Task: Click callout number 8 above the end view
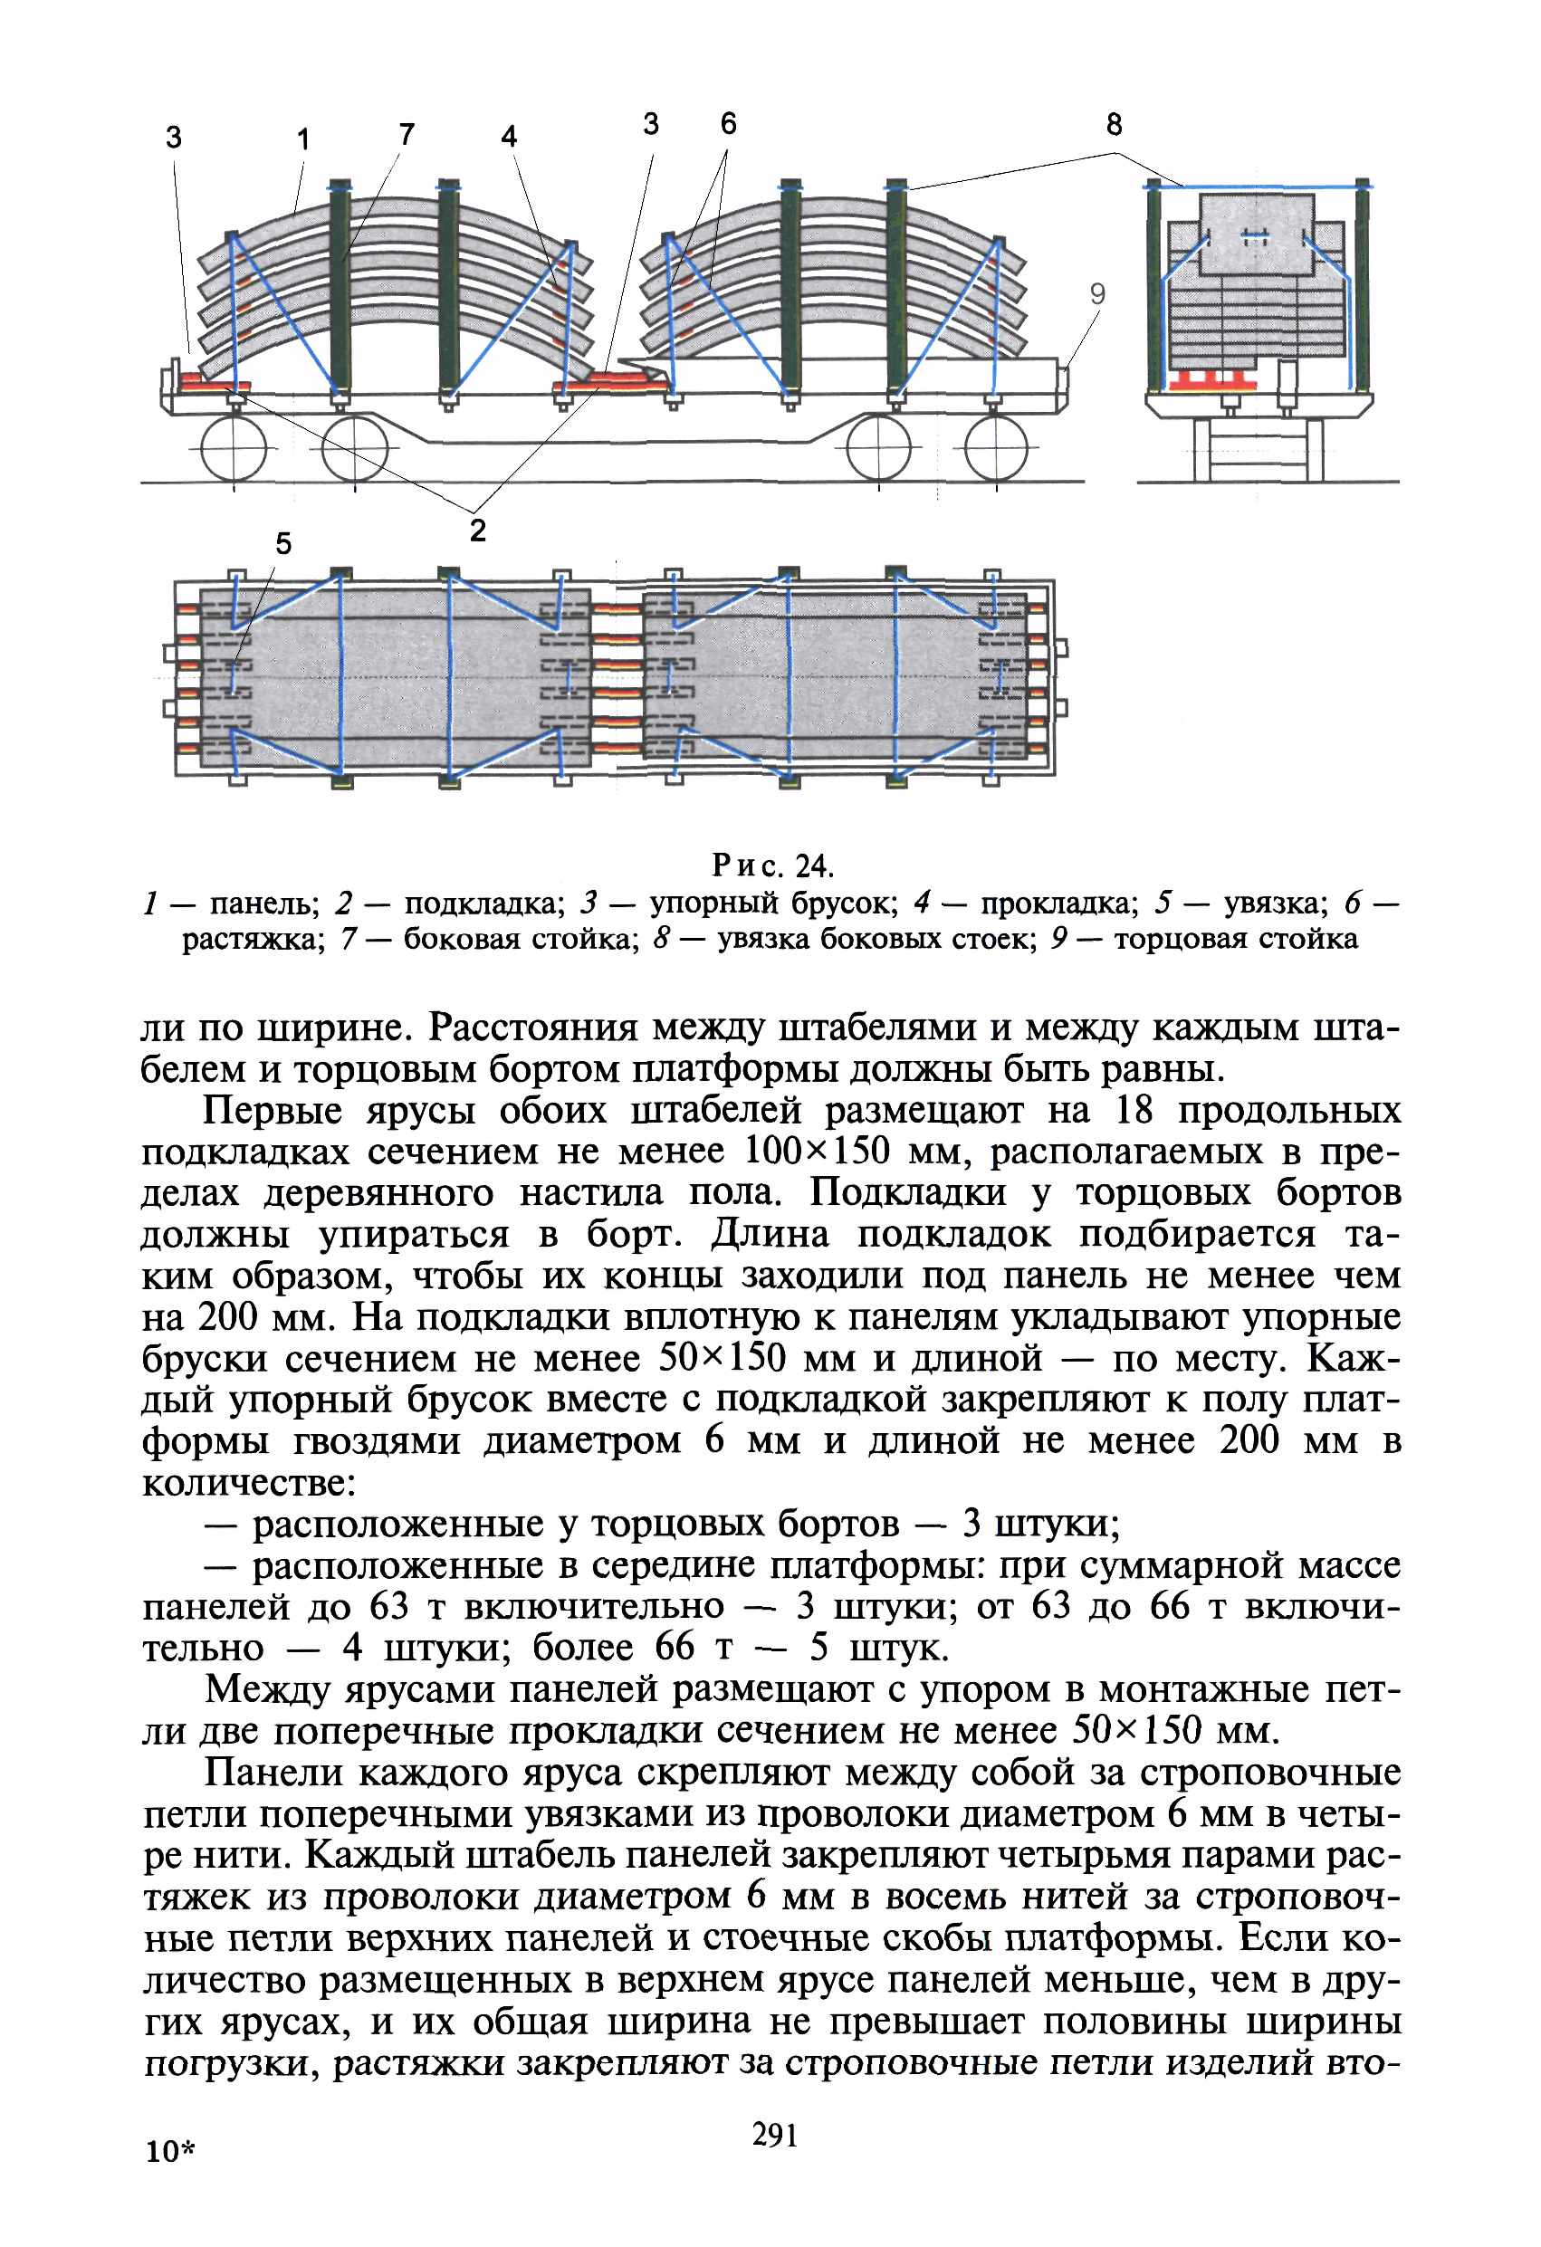point(1115,125)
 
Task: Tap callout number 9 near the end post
point(1097,294)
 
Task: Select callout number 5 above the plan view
point(283,543)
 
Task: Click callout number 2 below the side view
point(477,531)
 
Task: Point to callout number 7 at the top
point(407,134)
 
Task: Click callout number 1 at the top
point(303,139)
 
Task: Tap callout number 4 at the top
point(509,137)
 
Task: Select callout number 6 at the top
point(728,124)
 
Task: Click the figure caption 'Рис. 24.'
point(773,864)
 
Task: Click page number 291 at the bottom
point(774,2134)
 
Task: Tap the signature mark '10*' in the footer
point(170,2151)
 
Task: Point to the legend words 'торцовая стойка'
point(1236,939)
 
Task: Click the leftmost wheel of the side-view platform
point(233,447)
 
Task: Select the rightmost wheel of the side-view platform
point(996,447)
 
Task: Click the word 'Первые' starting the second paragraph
point(273,1110)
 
